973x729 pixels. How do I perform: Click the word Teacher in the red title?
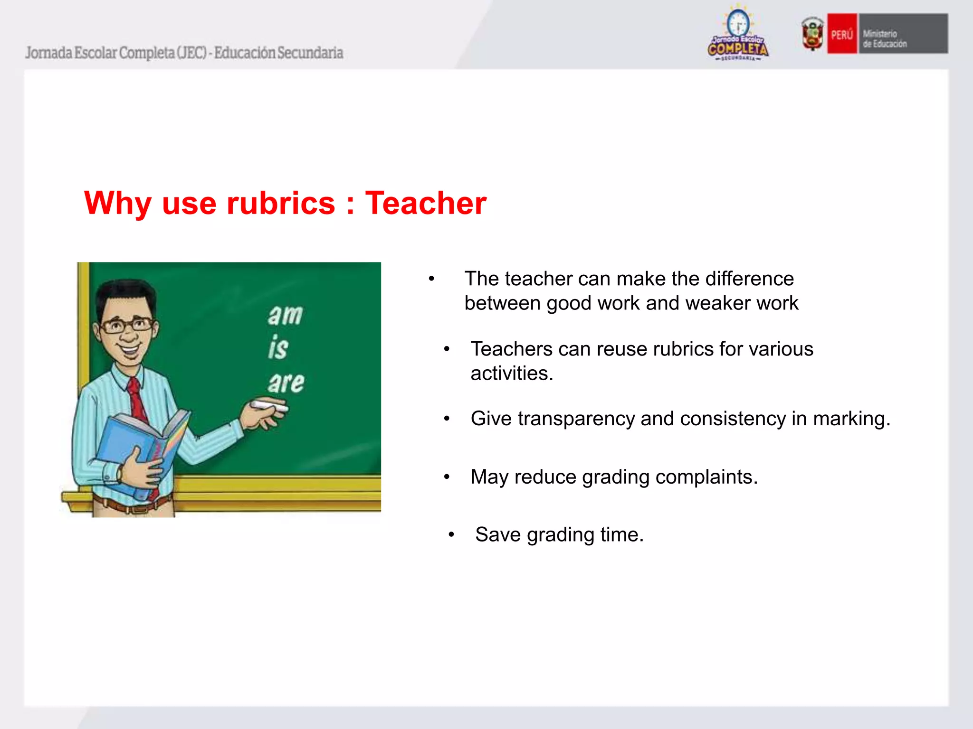425,204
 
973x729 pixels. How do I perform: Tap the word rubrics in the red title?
281,204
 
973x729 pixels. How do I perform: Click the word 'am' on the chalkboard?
285,315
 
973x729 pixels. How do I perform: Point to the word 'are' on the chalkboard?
286,382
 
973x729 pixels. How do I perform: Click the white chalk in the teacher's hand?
268,405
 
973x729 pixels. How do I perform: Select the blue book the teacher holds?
138,451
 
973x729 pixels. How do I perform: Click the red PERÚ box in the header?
842,34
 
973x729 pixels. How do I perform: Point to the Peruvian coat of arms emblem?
812,33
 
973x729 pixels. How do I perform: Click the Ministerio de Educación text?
884,38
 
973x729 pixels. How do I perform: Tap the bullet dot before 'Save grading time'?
451,535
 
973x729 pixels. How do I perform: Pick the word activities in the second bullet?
511,374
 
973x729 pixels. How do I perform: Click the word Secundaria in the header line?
310,53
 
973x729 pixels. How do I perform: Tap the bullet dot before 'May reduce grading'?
447,477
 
